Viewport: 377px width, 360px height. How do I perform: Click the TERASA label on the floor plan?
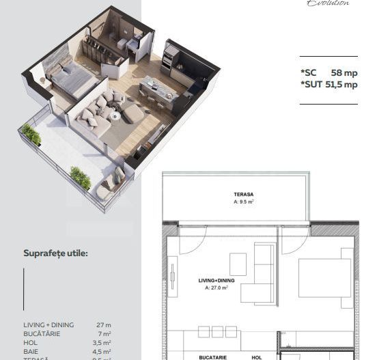click(244, 195)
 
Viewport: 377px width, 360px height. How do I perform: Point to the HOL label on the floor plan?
click(256, 357)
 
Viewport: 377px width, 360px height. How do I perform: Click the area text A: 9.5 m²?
click(244, 202)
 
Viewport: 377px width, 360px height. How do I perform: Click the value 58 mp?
click(344, 72)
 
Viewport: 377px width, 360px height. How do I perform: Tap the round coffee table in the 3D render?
click(115, 116)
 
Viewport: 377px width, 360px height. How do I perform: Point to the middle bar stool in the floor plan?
click(217, 332)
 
